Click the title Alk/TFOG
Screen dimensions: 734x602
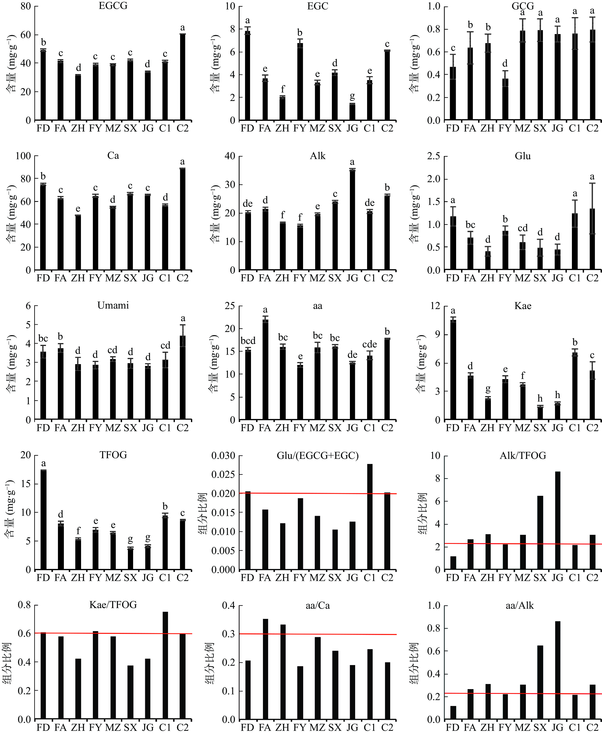click(x=523, y=456)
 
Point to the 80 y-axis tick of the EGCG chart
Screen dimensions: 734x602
click(x=26, y=6)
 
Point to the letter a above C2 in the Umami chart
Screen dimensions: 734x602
click(x=182, y=318)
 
